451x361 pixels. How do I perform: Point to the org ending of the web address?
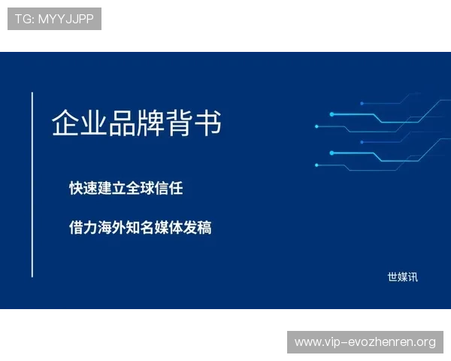click(425, 342)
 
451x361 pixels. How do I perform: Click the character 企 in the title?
click(65, 123)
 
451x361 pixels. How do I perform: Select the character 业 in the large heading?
click(94, 123)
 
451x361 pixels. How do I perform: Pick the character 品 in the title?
click(123, 123)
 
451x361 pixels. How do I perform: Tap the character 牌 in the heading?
click(151, 123)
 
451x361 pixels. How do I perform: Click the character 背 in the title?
click(180, 123)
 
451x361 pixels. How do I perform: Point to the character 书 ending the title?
click(208, 123)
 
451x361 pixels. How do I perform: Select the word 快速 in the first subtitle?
click(83, 188)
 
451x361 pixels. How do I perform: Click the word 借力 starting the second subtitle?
click(83, 227)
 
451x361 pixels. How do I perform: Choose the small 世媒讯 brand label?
click(402, 277)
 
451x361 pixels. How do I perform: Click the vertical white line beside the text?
click(32, 184)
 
